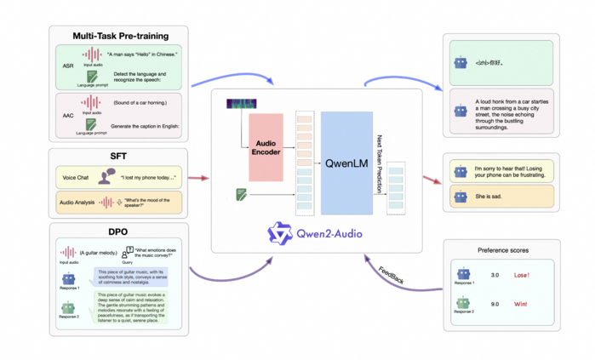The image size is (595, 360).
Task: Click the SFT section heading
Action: pos(118,156)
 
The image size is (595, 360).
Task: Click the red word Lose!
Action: pos(522,276)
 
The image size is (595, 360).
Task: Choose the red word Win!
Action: pos(521,304)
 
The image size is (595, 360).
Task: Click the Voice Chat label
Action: pos(76,178)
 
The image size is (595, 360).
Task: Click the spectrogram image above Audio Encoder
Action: pos(241,104)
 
